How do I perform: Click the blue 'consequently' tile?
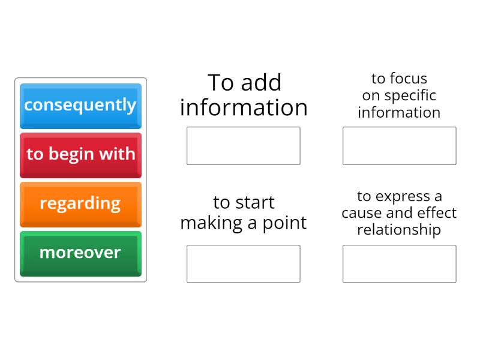80,106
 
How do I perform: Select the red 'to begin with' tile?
80,155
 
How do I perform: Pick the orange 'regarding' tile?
80,205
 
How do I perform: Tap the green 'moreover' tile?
80,254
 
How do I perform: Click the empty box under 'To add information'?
244,146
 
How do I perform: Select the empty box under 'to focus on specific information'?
399,146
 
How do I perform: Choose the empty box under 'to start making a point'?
244,263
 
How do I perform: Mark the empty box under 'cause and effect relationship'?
399,263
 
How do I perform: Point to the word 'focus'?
409,79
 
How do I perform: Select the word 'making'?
212,223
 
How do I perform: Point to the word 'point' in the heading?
284,223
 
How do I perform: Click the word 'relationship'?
399,230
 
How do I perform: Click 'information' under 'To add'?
244,107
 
